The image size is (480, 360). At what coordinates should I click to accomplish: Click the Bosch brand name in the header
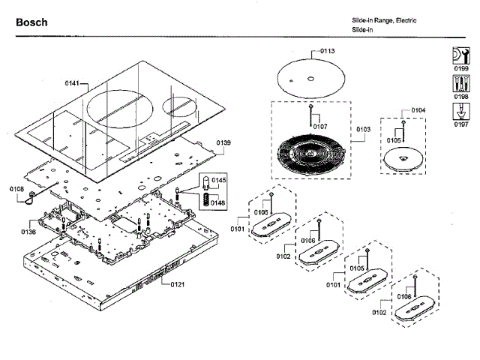[x=31, y=22]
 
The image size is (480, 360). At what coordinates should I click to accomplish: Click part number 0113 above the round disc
[x=327, y=51]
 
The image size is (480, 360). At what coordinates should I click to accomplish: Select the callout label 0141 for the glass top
[x=71, y=82]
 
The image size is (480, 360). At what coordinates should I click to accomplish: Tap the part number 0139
[x=223, y=142]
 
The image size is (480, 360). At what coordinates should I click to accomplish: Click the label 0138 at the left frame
[x=28, y=232]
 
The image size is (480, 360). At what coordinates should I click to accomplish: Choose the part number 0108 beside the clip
[x=16, y=189]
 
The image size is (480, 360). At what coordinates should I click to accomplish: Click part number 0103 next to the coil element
[x=362, y=129]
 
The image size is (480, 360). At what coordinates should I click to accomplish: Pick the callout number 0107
[x=320, y=126]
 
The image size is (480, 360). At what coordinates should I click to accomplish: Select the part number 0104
[x=418, y=110]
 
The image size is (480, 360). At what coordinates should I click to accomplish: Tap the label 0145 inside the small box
[x=218, y=181]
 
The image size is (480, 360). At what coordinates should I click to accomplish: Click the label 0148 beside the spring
[x=218, y=202]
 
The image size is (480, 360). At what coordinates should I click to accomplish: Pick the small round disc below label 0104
[x=403, y=159]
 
